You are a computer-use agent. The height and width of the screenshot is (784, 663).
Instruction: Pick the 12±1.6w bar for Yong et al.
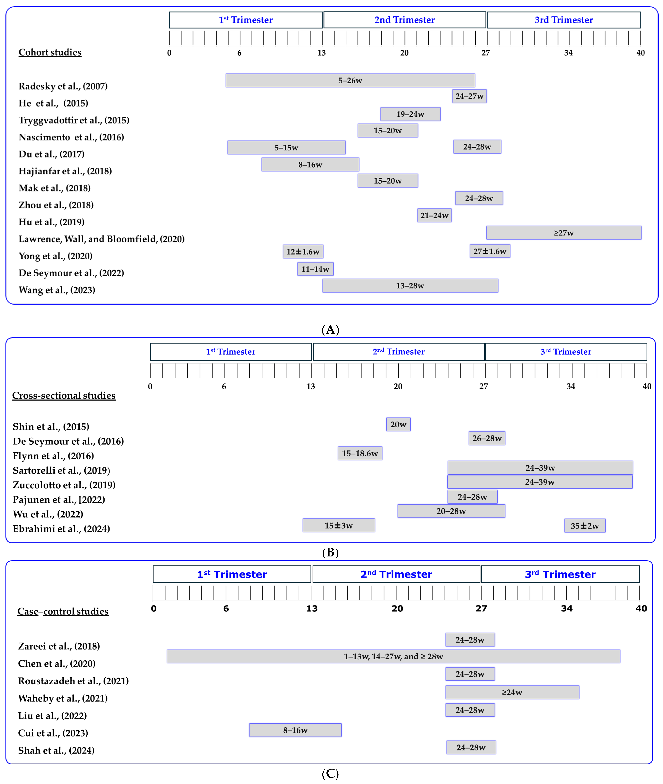(x=303, y=251)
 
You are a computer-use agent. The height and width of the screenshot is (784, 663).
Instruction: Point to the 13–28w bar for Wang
(x=410, y=286)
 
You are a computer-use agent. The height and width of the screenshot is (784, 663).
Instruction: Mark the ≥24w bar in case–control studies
(x=512, y=692)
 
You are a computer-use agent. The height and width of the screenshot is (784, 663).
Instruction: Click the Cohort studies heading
(x=50, y=52)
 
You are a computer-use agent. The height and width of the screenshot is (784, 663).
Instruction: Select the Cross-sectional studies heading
(x=64, y=395)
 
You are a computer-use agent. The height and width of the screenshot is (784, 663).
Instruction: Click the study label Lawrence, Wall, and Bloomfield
(x=102, y=239)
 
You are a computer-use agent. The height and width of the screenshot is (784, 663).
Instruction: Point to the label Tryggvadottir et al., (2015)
(x=74, y=120)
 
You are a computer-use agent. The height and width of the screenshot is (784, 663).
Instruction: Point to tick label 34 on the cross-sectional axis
(x=571, y=386)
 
